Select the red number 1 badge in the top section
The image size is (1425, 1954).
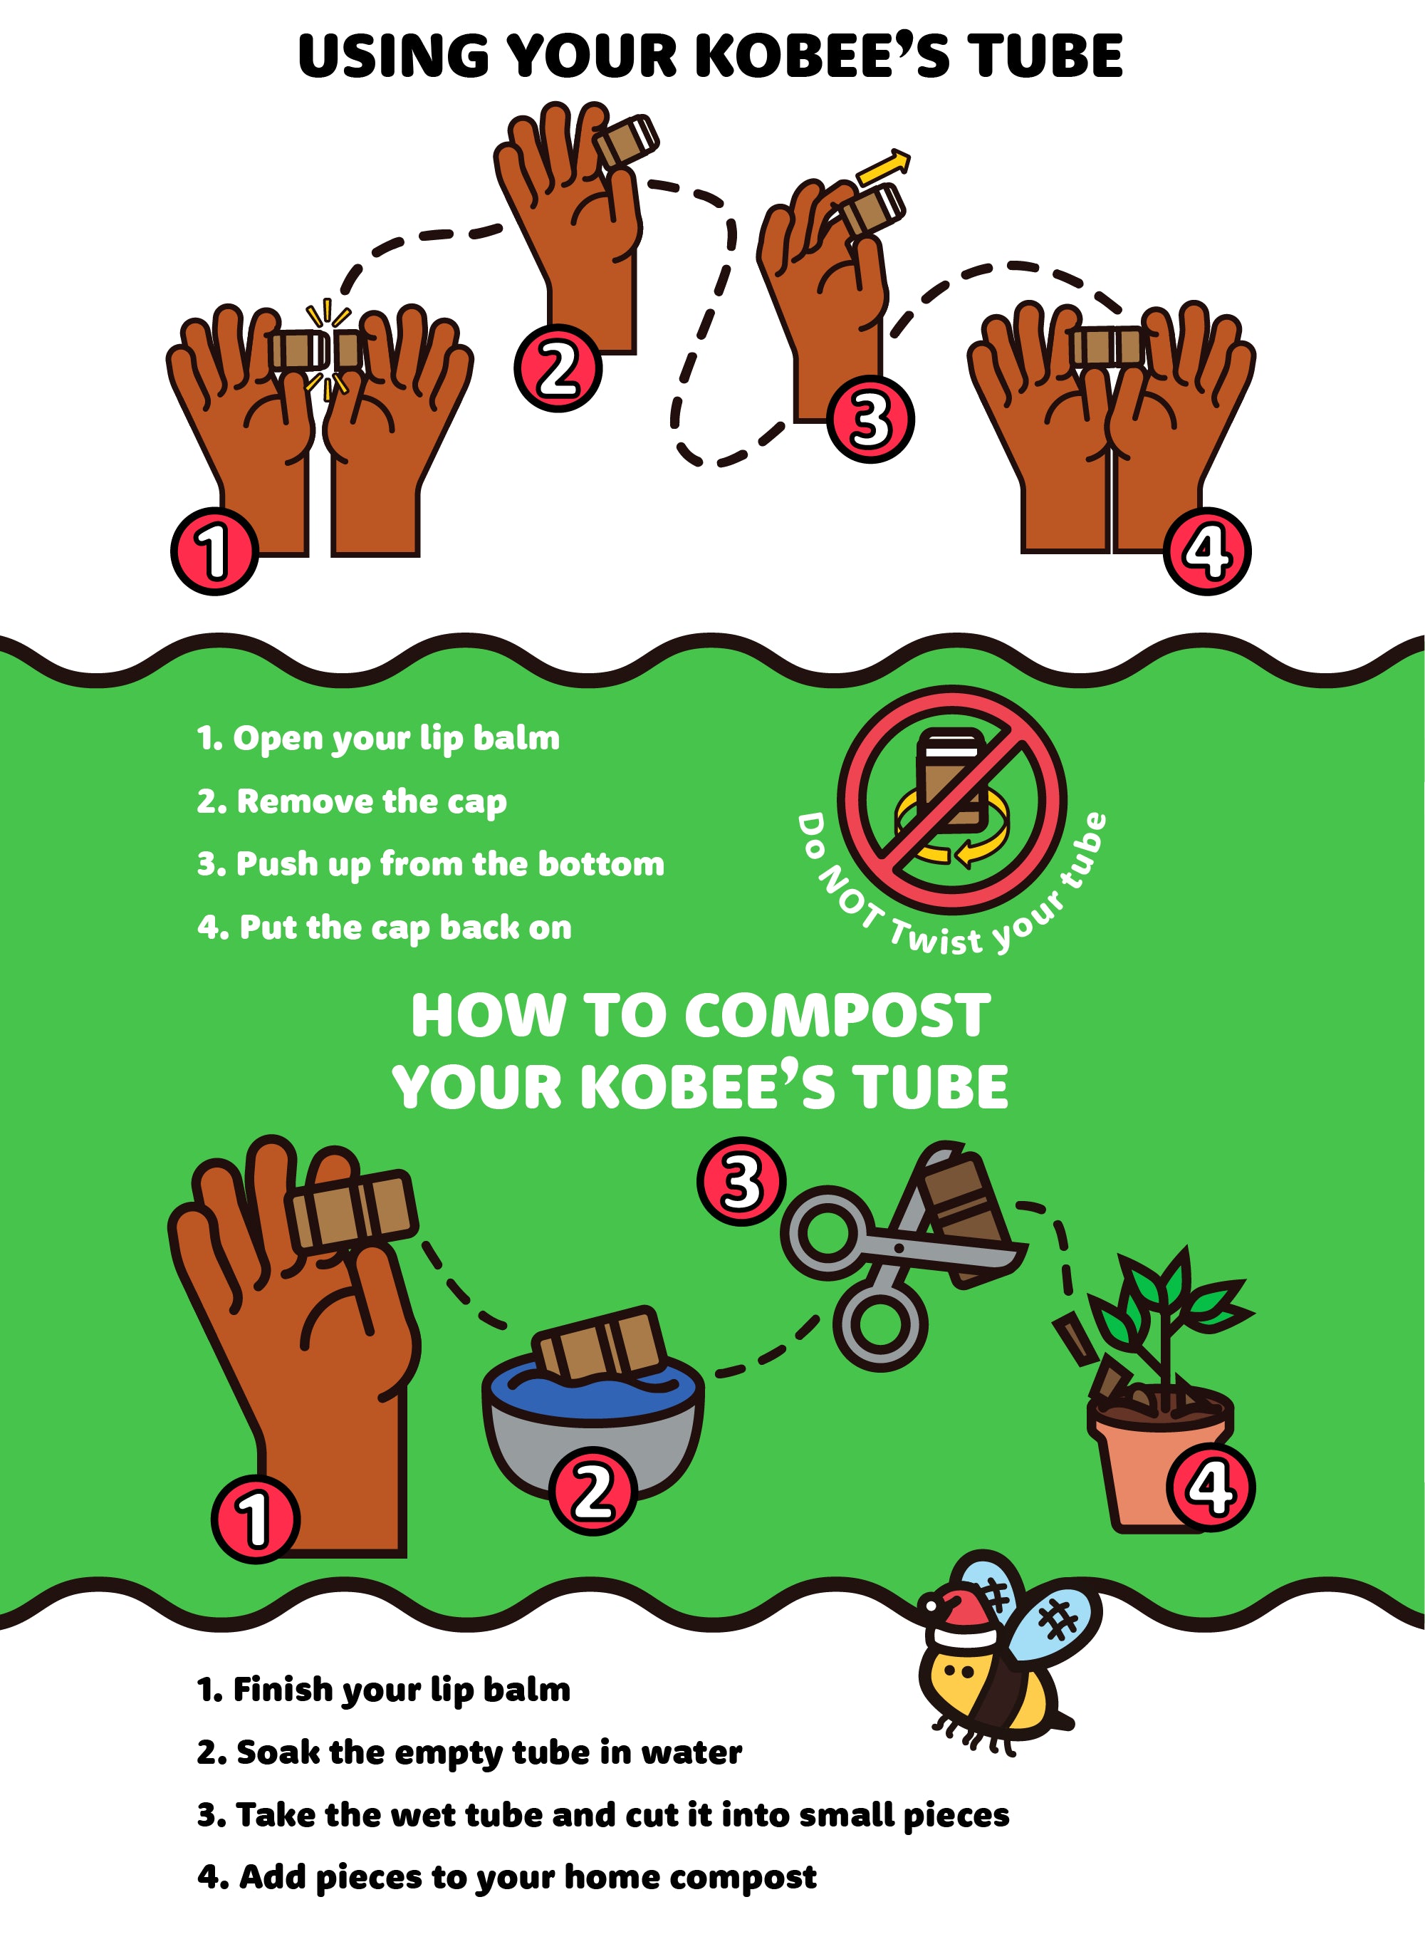[x=215, y=551]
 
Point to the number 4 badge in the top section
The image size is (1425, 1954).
[x=1207, y=551]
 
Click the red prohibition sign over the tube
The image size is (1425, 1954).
[x=951, y=800]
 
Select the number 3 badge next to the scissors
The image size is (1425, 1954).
[x=741, y=1181]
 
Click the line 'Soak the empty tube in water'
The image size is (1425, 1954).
[x=469, y=1753]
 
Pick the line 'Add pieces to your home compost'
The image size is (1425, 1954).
[x=506, y=1878]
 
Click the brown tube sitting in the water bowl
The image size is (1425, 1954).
[x=600, y=1342]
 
